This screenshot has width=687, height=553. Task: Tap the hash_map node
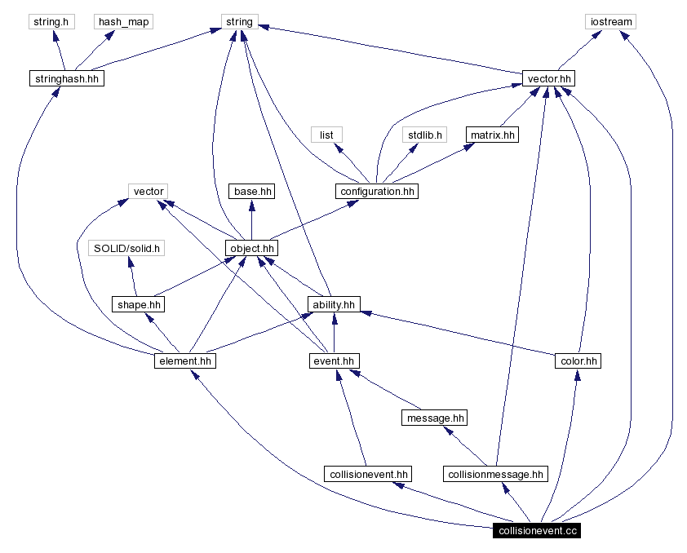[x=124, y=22]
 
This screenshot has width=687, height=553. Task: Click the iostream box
[x=610, y=22]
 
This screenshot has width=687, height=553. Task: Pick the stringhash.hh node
[x=66, y=79]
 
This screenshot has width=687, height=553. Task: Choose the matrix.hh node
[x=492, y=135]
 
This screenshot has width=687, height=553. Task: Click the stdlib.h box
[x=424, y=135]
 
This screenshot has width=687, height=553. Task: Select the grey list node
[x=326, y=135]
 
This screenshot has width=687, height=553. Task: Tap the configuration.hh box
[x=376, y=192]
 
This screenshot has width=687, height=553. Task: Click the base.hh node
[x=251, y=192]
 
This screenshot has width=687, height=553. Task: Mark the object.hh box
[x=251, y=248]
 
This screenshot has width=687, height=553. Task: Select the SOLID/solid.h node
[x=128, y=248]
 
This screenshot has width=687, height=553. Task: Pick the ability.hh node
[x=333, y=304]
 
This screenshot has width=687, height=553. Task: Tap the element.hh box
[x=185, y=361]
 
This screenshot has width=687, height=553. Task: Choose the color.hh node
[x=578, y=361]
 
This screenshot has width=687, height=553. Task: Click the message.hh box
[x=435, y=418]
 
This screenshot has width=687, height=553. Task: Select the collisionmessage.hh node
[x=495, y=474]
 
